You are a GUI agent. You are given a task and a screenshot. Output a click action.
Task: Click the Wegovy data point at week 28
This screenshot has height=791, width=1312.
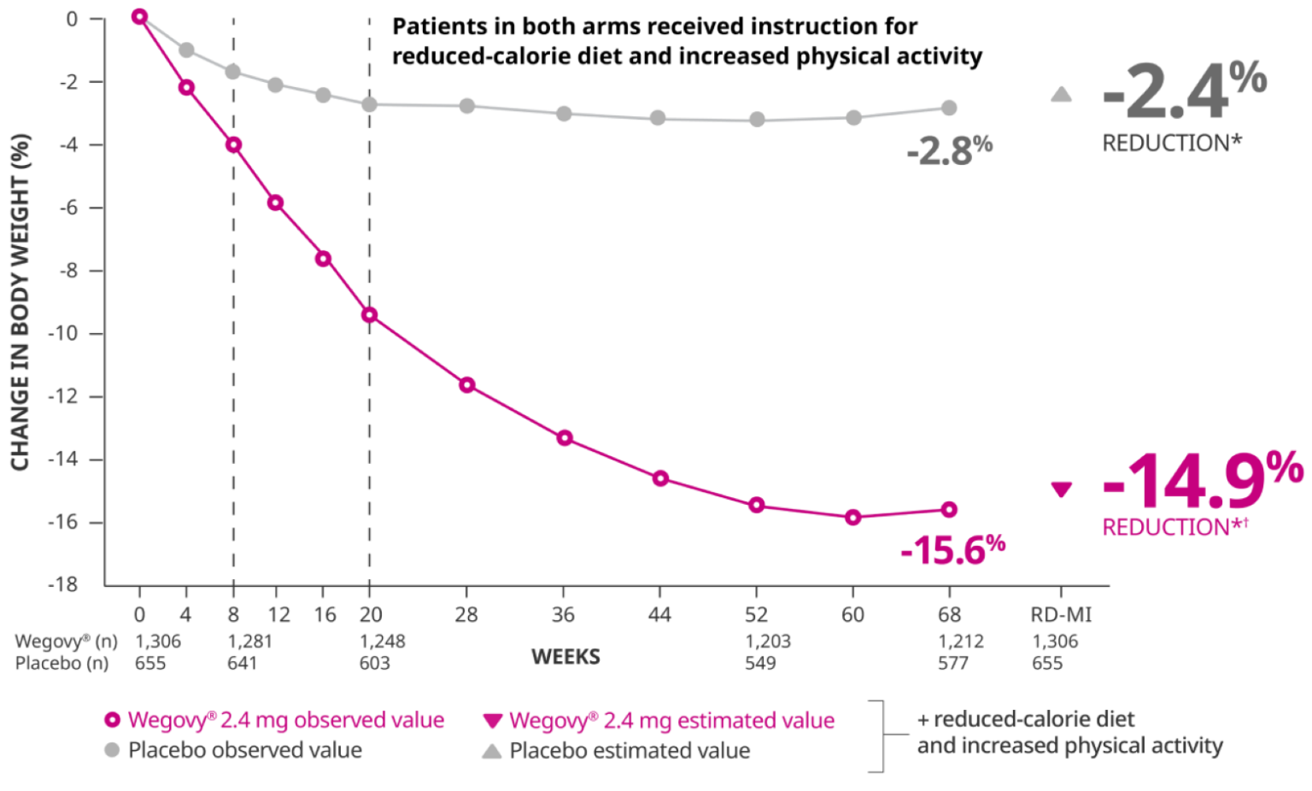(466, 384)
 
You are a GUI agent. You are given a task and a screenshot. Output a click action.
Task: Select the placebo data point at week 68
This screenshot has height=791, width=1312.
(949, 108)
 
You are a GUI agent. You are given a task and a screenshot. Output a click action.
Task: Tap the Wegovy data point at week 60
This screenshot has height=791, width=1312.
(852, 517)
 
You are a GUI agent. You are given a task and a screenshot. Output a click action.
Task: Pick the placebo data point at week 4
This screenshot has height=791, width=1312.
(186, 50)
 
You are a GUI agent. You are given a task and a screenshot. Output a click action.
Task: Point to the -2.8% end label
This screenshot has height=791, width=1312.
(949, 151)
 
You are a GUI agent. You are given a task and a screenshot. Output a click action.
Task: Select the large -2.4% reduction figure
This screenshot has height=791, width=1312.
(1183, 91)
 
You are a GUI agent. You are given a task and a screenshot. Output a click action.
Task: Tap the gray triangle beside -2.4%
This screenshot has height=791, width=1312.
(1061, 95)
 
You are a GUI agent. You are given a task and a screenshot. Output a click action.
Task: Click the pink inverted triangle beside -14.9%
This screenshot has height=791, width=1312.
(1061, 490)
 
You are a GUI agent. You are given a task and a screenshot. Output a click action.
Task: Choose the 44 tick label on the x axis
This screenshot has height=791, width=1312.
(659, 614)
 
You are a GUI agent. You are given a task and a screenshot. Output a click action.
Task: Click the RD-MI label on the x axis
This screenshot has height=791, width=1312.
(1061, 614)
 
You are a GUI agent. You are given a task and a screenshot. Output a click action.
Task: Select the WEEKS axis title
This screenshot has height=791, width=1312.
(565, 657)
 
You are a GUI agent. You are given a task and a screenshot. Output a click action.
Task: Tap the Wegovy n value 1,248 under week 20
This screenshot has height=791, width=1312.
(382, 641)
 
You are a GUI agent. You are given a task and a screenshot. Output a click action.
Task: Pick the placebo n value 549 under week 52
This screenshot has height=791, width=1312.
(759, 663)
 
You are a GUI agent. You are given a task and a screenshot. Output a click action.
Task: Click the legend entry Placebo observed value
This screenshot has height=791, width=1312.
(244, 750)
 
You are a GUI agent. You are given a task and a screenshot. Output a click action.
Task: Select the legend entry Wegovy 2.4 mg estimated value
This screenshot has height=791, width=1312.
(671, 720)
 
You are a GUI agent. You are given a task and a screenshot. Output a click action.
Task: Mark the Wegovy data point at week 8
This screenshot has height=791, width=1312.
(233, 144)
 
